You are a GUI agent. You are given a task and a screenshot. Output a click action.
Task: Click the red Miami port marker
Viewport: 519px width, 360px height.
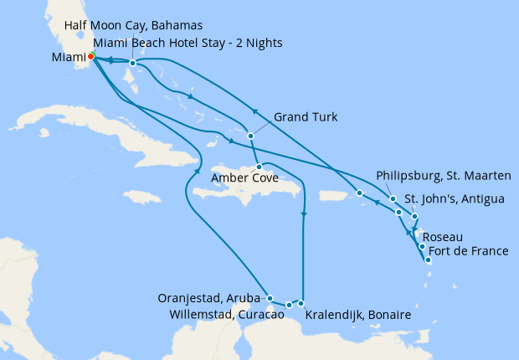click(91, 57)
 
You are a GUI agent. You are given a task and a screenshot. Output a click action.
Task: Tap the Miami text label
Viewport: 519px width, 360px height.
click(69, 58)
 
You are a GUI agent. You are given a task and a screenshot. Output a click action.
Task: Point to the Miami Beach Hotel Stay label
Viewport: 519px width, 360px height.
click(188, 43)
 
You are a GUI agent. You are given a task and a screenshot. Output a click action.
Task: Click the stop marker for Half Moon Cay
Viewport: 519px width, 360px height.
click(132, 63)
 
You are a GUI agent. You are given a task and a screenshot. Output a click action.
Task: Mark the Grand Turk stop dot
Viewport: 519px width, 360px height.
click(250, 135)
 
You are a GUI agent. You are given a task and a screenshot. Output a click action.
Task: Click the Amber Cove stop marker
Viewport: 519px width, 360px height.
click(259, 167)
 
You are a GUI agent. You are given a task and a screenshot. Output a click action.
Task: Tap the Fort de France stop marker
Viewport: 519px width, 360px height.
click(429, 260)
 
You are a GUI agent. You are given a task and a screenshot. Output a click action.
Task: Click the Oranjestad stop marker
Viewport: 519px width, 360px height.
click(270, 297)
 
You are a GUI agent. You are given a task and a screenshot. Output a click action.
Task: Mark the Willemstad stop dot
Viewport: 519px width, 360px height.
click(289, 305)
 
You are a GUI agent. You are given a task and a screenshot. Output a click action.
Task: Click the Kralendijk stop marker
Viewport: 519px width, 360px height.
click(301, 303)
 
